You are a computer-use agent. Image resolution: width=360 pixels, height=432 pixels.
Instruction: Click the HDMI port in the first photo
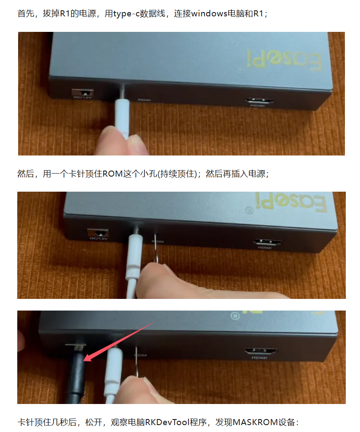point(260,101)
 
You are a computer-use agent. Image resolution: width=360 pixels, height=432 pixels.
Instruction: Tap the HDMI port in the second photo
point(268,242)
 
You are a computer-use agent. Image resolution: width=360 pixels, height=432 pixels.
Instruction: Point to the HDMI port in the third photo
point(261,351)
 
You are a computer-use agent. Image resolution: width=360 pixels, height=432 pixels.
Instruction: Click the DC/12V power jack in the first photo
point(82,93)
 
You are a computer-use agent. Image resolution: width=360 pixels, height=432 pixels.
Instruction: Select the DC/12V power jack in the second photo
point(97,233)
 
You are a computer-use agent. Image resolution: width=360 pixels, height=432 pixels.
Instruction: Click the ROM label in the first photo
point(144,100)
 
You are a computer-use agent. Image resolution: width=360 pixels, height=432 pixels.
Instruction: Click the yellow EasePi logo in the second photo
point(291,202)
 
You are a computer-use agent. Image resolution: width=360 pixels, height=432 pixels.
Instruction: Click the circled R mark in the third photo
point(235,315)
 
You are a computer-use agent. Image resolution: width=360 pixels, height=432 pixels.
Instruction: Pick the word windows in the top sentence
point(209,13)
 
